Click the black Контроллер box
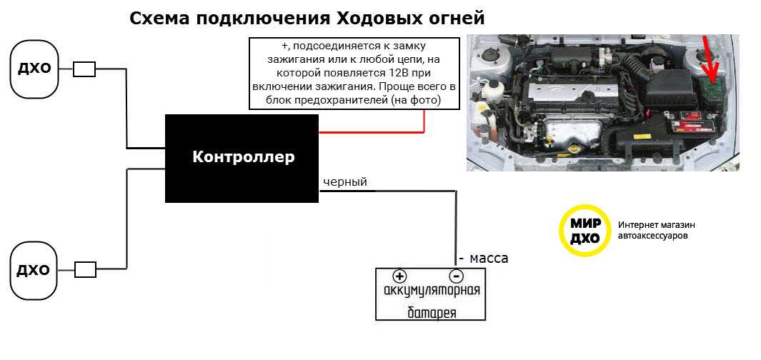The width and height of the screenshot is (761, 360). (x=242, y=158)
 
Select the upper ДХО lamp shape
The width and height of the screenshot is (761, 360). (x=34, y=69)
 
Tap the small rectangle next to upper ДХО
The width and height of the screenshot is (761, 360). (x=84, y=69)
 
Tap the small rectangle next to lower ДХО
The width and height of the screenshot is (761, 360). (x=85, y=269)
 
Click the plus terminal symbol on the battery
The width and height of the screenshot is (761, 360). (x=399, y=276)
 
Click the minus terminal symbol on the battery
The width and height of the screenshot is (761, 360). (x=456, y=276)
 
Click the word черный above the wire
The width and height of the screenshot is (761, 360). (x=345, y=182)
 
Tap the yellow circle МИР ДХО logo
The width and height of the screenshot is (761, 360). (x=585, y=231)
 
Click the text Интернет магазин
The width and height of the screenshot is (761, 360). (x=657, y=225)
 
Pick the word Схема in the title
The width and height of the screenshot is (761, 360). (x=158, y=19)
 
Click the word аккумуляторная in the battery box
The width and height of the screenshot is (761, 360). (x=432, y=291)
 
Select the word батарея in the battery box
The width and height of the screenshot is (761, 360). (x=432, y=312)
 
